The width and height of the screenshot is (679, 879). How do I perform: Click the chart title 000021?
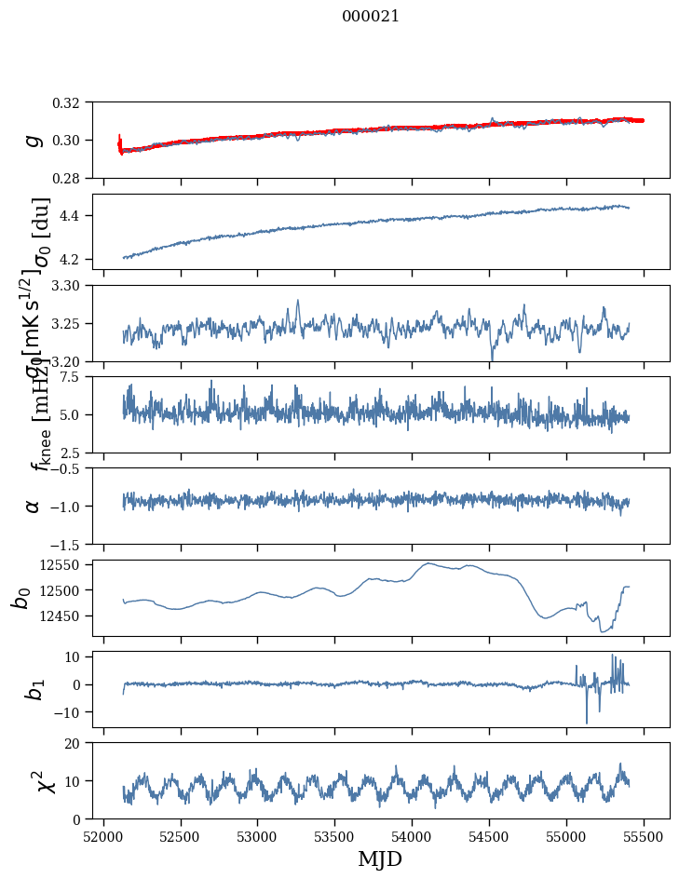(371, 16)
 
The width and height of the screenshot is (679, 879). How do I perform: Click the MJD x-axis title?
(380, 859)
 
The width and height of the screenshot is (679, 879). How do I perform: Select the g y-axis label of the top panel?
(33, 140)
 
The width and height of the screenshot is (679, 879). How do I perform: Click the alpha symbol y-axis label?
(33, 506)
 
